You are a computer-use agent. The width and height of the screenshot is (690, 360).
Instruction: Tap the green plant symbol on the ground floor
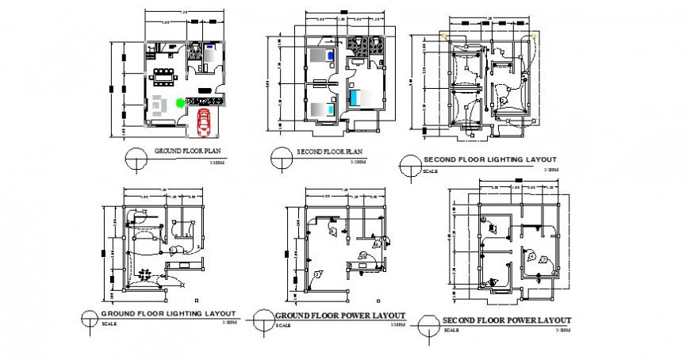click(x=181, y=102)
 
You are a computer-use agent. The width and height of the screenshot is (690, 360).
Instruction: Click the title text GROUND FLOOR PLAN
click(x=186, y=151)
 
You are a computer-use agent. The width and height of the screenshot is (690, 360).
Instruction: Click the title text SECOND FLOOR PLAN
click(x=329, y=151)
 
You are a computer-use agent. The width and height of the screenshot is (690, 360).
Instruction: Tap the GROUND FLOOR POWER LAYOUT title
click(x=340, y=316)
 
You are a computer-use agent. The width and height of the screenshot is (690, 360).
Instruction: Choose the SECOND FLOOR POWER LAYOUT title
click(x=507, y=320)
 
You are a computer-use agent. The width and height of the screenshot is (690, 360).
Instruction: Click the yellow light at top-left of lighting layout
click(x=446, y=35)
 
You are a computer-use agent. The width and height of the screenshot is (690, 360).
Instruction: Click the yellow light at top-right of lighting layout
click(x=540, y=35)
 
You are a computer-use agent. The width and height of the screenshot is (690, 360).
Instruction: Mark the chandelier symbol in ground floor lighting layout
click(x=145, y=274)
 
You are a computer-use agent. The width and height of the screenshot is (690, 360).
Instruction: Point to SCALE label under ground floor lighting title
click(x=109, y=324)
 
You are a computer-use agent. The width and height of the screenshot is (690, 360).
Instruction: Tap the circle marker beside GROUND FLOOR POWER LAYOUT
click(x=260, y=321)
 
